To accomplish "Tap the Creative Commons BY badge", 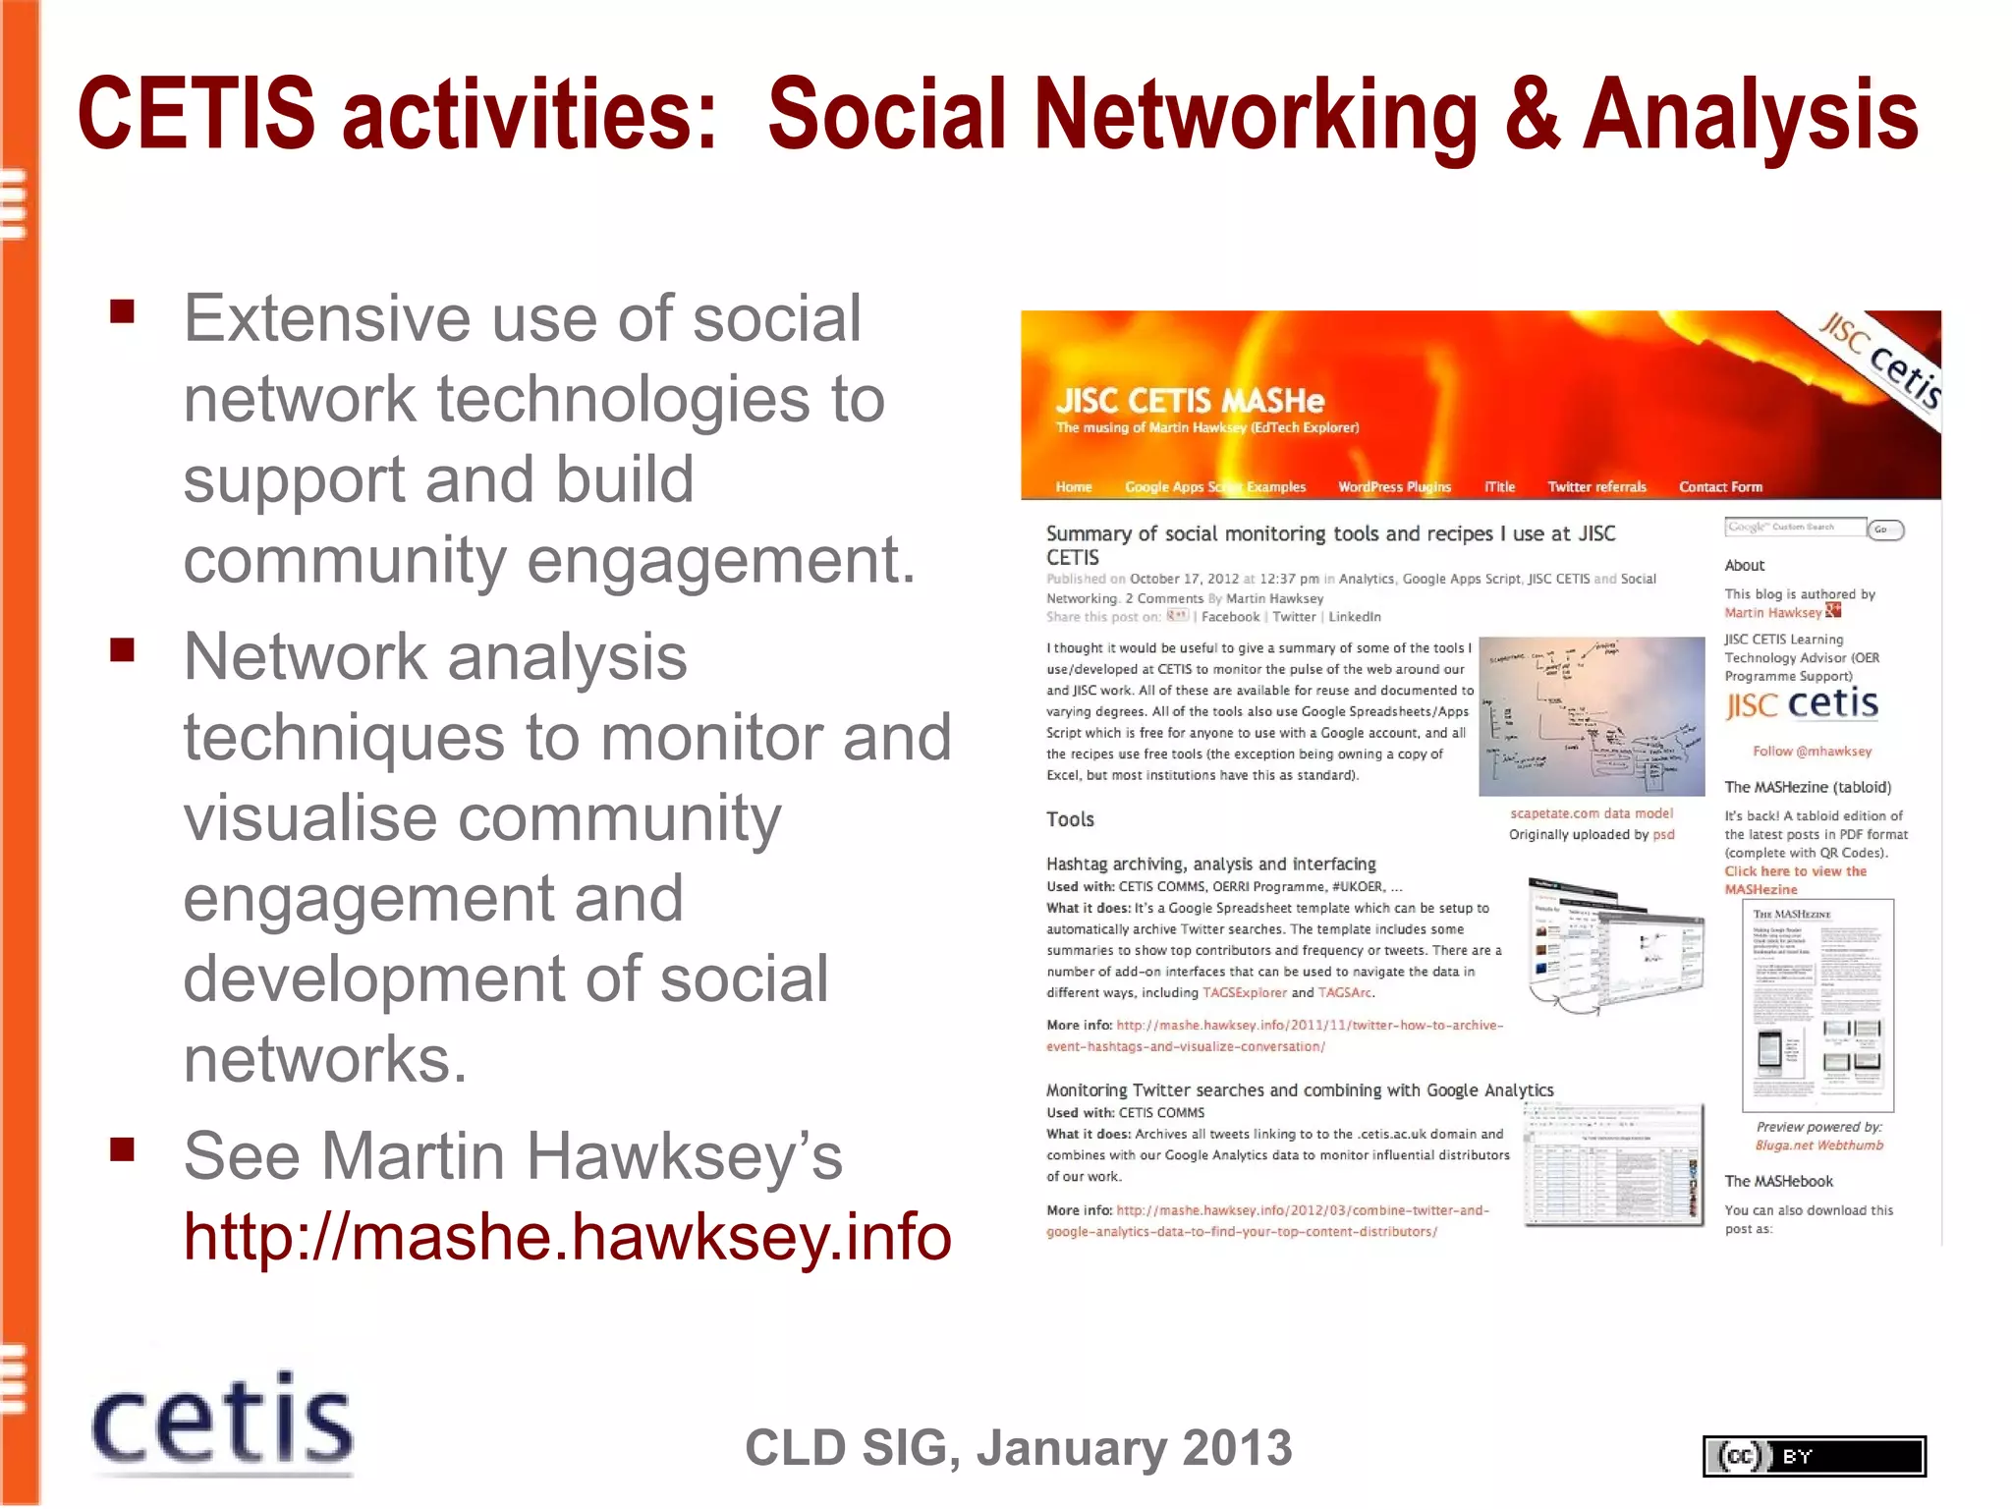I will [x=1814, y=1456].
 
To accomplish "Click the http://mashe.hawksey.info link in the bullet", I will [x=567, y=1236].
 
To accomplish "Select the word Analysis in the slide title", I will [x=1750, y=115].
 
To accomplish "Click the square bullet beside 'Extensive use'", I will [x=123, y=312].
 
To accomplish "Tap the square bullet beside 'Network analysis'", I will [x=123, y=650].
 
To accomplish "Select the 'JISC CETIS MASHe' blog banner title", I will [x=1190, y=401].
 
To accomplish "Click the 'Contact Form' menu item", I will [x=1720, y=487].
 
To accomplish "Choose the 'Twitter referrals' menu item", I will [x=1596, y=487].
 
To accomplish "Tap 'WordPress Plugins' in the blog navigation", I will [x=1394, y=487].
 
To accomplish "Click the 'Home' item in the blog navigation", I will [x=1074, y=487].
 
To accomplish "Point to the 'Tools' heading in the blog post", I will [x=1070, y=819].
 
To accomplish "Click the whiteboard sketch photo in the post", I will [x=1592, y=716].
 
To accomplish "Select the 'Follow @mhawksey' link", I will [x=1812, y=752].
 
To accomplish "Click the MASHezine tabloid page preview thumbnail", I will [x=1817, y=1004].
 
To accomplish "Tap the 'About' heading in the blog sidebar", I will [x=1744, y=565].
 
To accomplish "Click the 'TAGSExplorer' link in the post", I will [x=1245, y=993].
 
